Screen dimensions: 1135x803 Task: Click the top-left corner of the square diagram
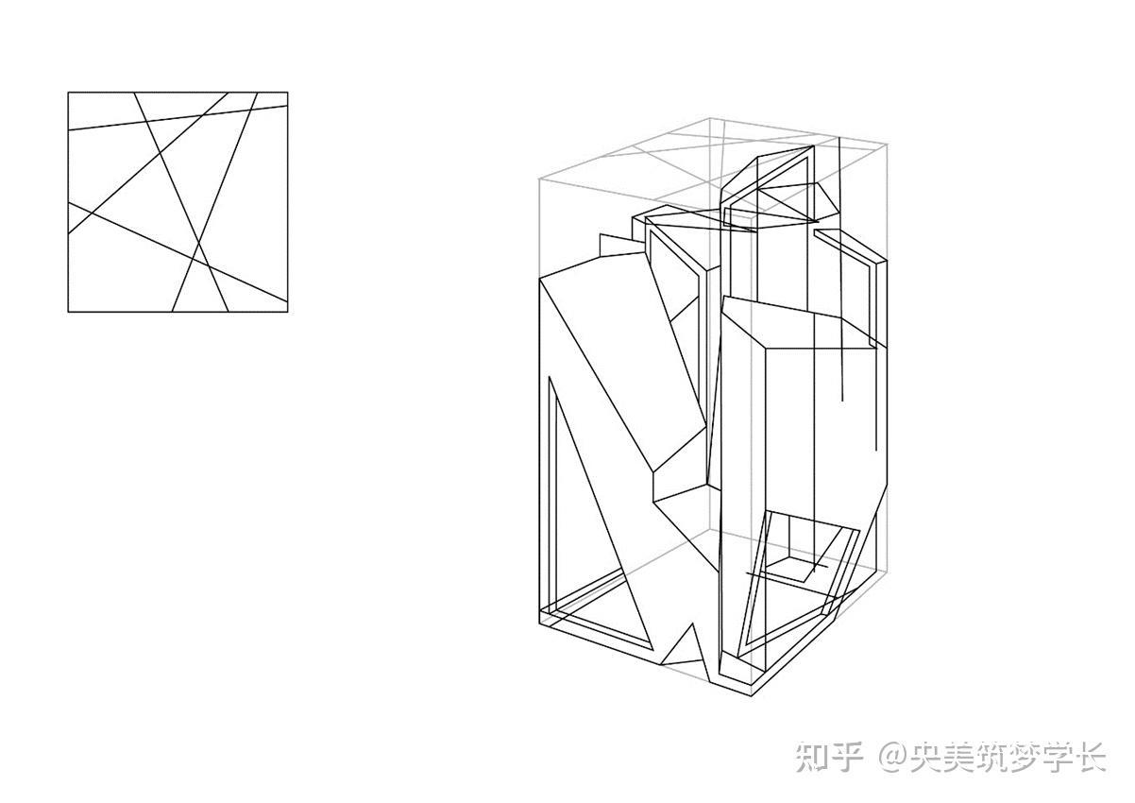click(x=68, y=93)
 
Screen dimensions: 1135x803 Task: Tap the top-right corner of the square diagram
click(x=287, y=93)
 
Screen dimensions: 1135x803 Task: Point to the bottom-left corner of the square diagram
click(x=68, y=312)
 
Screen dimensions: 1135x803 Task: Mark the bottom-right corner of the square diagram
click(x=287, y=312)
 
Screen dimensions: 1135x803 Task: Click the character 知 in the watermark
click(x=813, y=757)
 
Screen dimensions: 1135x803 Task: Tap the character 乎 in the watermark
click(x=848, y=757)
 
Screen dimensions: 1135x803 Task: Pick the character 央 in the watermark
click(x=928, y=757)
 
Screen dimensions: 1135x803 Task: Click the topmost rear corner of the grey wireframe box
click(x=709, y=118)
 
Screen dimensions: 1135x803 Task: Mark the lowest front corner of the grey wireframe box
click(x=752, y=695)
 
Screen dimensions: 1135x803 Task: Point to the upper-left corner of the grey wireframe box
click(x=538, y=177)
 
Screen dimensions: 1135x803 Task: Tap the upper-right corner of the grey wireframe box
click(x=889, y=143)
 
